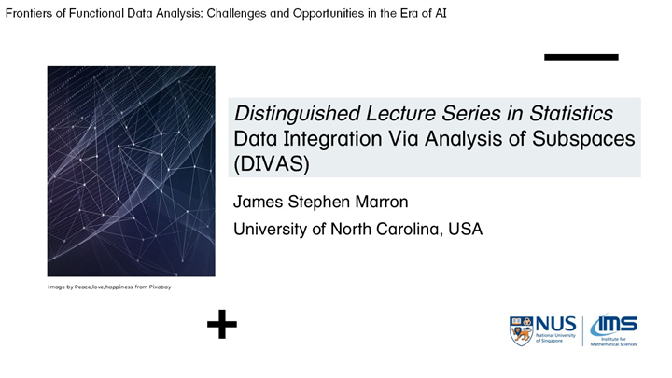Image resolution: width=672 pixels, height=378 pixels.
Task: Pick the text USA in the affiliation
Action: click(x=464, y=229)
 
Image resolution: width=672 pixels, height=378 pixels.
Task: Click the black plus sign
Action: click(x=221, y=325)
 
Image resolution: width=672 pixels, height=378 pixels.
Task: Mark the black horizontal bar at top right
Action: click(x=581, y=57)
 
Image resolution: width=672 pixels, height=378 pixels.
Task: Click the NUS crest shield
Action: click(x=522, y=330)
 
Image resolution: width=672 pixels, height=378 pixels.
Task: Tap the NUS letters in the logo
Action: click(x=557, y=323)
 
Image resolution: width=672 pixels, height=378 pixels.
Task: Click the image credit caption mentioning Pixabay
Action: click(x=109, y=287)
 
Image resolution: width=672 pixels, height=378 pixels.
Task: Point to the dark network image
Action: click(x=131, y=171)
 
